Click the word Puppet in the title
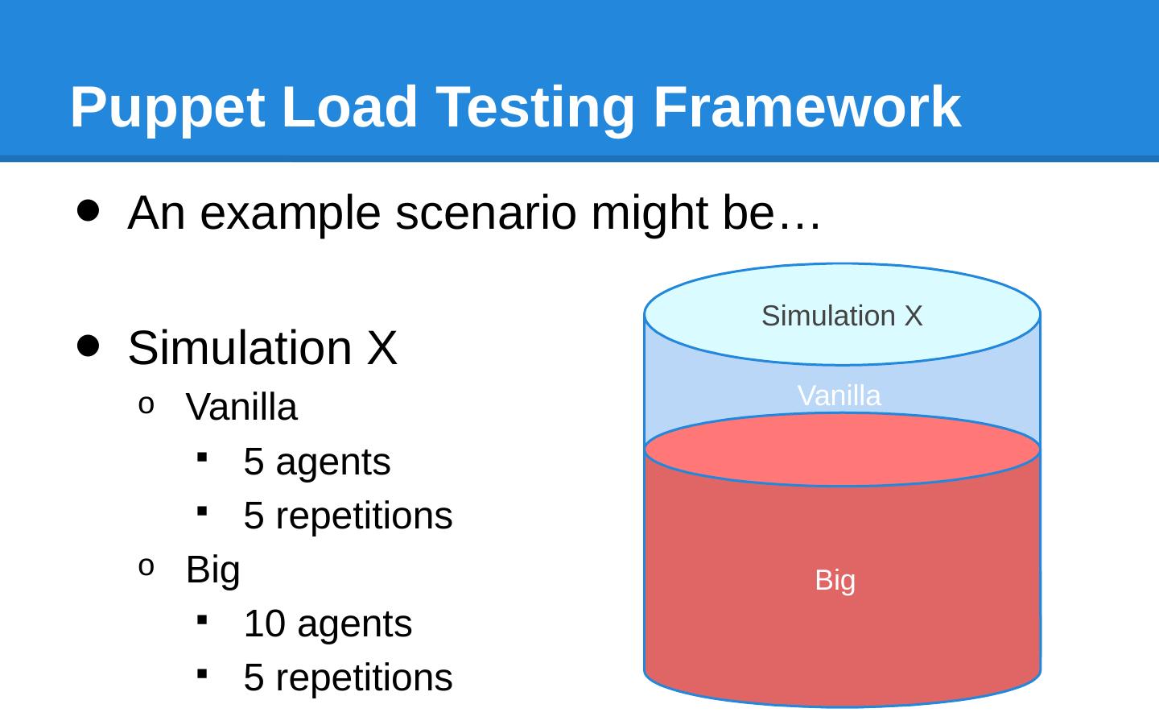[167, 107]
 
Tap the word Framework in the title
[806, 107]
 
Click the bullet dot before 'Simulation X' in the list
[89, 346]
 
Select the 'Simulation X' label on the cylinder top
[842, 316]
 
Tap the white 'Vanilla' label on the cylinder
[839, 396]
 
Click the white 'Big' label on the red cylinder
[835, 580]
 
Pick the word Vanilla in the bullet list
[241, 408]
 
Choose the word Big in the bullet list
[213, 570]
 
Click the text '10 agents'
[328, 624]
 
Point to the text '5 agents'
[317, 462]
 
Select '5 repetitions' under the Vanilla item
[348, 516]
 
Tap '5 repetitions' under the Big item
[348, 677]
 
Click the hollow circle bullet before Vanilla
[146, 405]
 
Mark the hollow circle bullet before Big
[146, 568]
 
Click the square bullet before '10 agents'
[202, 619]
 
